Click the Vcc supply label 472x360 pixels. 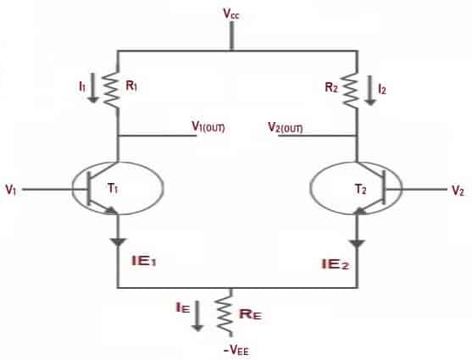[x=231, y=14]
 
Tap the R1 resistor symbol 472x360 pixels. [x=111, y=88]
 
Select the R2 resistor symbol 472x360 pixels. [x=351, y=90]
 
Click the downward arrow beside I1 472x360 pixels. [x=93, y=88]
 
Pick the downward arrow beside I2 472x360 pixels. [x=370, y=91]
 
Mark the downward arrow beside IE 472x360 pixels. [x=197, y=316]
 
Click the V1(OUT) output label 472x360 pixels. [x=208, y=127]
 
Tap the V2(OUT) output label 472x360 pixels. [x=286, y=128]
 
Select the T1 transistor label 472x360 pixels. [x=113, y=189]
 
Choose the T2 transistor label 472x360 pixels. [x=361, y=190]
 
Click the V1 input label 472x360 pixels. [x=11, y=190]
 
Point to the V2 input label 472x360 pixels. [x=458, y=191]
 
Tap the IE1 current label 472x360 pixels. [x=144, y=261]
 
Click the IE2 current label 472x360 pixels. [x=335, y=264]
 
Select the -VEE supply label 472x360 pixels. [x=236, y=351]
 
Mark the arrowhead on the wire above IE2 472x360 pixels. [x=358, y=243]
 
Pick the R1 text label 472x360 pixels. [x=131, y=86]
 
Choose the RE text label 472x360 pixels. [x=250, y=314]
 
